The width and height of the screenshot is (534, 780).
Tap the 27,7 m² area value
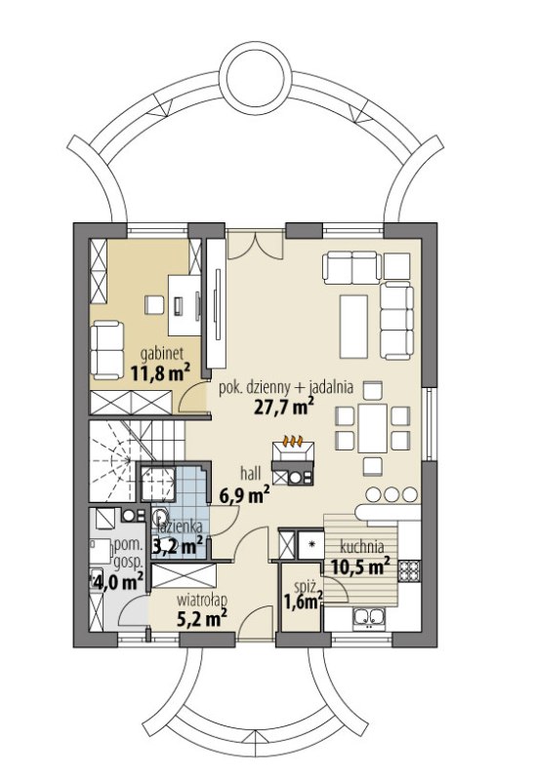coord(283,407)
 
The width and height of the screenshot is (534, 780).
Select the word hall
coord(251,474)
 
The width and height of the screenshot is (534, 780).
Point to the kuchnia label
coord(361,547)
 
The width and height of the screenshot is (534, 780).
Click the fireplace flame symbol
coord(293,441)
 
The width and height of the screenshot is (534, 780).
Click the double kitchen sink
coord(369,619)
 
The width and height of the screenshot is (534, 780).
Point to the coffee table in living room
coord(354,327)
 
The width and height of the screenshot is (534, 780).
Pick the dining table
coord(373,428)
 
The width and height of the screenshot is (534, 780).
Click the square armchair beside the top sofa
coord(397,265)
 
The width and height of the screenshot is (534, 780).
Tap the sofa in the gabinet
coord(106,350)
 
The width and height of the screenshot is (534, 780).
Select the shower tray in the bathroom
coord(156,484)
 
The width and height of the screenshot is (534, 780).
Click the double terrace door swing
coord(256,245)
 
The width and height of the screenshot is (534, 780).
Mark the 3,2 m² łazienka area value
coord(178,546)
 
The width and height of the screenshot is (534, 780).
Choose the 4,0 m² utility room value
coord(118,581)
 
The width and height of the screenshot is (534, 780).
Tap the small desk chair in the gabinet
coord(154,305)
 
